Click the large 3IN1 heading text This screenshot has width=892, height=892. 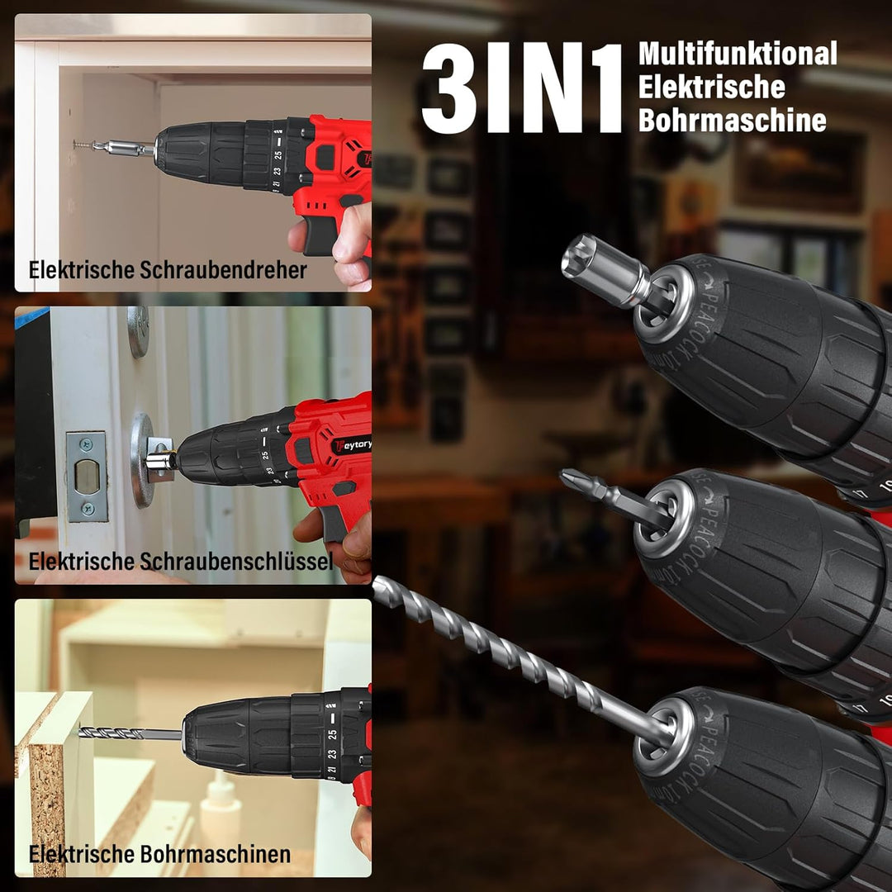click(x=522, y=88)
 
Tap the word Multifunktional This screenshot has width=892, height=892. click(x=738, y=54)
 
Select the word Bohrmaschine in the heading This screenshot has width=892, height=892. click(x=732, y=120)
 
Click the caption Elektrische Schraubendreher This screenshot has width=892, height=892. click(x=168, y=269)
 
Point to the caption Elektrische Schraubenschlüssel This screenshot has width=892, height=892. click(x=181, y=562)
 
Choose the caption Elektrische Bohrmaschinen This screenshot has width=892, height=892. click(x=160, y=854)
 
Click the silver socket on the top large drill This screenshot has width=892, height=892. click(x=606, y=271)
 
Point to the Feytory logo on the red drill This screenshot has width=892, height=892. click(x=353, y=445)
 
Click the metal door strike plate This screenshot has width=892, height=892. click(x=87, y=477)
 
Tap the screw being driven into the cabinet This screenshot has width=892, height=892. click(x=83, y=145)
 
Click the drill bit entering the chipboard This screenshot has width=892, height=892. click(x=130, y=733)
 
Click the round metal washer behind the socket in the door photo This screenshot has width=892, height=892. click(x=142, y=460)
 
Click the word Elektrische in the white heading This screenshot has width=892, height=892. click(x=712, y=87)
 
